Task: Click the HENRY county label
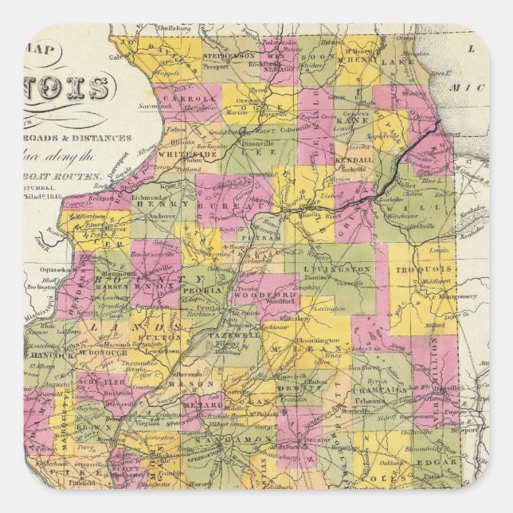[x=151, y=204]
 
